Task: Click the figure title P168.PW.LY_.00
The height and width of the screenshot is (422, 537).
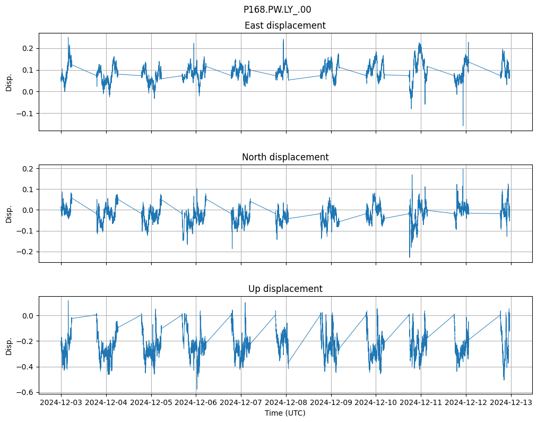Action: (277, 10)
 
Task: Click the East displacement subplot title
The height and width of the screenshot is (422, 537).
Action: (285, 25)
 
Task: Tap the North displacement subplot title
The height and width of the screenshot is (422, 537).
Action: (285, 157)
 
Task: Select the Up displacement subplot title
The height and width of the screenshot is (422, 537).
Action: (285, 289)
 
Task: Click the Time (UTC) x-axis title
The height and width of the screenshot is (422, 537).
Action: (285, 413)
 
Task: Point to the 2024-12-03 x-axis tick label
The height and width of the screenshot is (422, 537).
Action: (61, 403)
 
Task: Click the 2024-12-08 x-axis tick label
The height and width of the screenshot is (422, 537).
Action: (286, 403)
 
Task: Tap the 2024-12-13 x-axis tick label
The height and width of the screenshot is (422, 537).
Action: (511, 403)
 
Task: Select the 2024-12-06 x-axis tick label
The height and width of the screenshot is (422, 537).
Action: (196, 403)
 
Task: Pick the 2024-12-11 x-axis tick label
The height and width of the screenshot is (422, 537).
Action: (421, 403)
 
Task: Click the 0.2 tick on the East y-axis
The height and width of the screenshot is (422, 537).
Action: (28, 48)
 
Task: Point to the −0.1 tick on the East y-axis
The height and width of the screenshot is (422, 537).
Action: (25, 114)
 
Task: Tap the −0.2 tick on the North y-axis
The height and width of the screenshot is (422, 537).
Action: (25, 252)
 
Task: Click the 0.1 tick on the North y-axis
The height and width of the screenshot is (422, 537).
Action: (28, 190)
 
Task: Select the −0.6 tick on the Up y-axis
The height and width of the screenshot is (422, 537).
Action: (25, 392)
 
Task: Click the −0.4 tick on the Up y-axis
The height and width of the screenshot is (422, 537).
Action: (25, 367)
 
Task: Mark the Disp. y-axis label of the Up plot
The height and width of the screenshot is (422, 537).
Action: (9, 345)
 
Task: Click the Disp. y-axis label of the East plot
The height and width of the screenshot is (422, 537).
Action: (9, 82)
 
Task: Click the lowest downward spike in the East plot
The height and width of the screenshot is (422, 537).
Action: (463, 125)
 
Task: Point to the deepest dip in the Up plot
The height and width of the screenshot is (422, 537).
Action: (197, 389)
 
